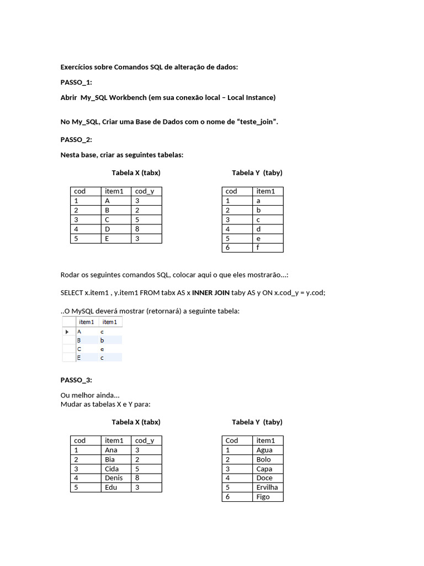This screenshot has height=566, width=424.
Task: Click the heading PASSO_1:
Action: point(76,82)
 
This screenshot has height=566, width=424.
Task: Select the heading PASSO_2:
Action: point(76,139)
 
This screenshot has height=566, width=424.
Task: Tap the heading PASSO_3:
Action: point(76,380)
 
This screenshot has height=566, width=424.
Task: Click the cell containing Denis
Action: point(114,478)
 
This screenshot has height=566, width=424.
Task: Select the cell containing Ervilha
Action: point(267,487)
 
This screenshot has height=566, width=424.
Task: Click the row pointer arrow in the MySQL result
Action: point(67,332)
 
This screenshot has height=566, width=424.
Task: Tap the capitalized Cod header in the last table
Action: point(232,440)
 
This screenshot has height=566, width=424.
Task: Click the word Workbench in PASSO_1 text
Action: point(128,97)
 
